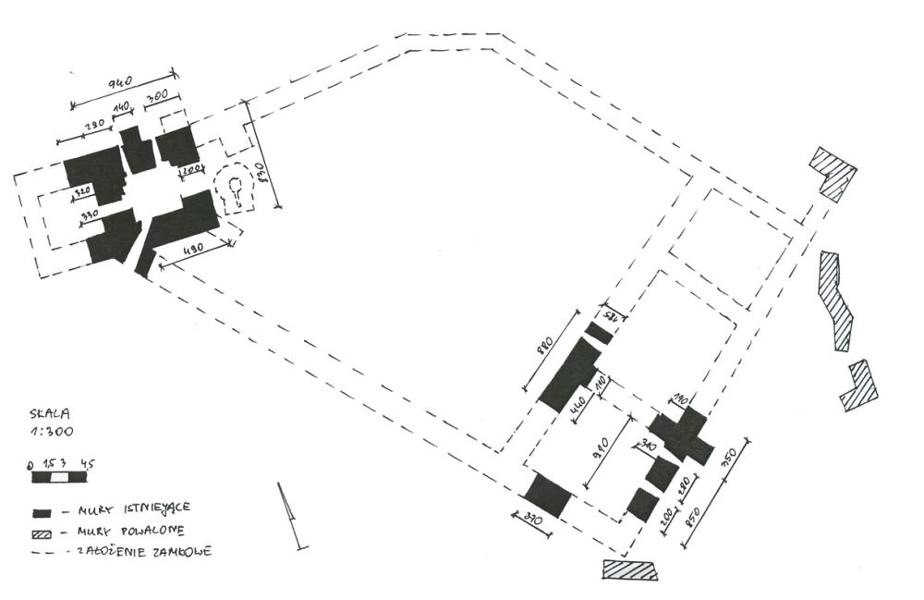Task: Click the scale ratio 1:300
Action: (52, 431)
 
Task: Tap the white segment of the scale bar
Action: (58, 478)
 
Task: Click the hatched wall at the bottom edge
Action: (629, 569)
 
